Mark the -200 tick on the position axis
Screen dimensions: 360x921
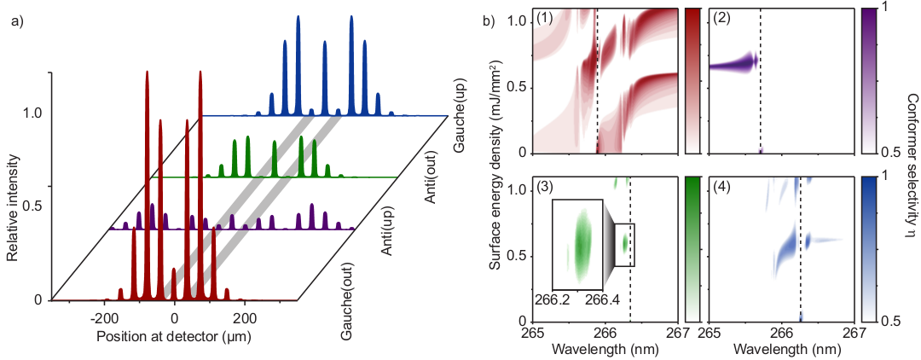(103, 314)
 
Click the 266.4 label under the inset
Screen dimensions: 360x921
(604, 299)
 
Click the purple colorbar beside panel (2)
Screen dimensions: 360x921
(868, 81)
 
